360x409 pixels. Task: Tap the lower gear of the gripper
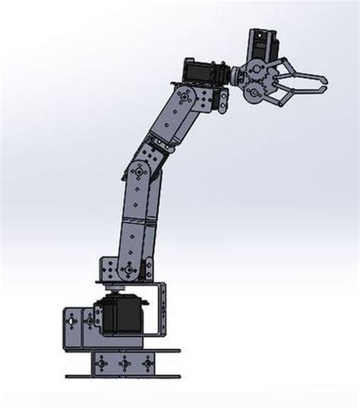click(256, 92)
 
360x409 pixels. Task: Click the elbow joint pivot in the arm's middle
click(138, 172)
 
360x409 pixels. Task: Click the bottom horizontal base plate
click(122, 376)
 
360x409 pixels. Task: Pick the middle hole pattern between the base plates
click(121, 363)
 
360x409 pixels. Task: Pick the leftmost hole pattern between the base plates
click(100, 363)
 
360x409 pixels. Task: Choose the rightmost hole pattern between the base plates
click(143, 363)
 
